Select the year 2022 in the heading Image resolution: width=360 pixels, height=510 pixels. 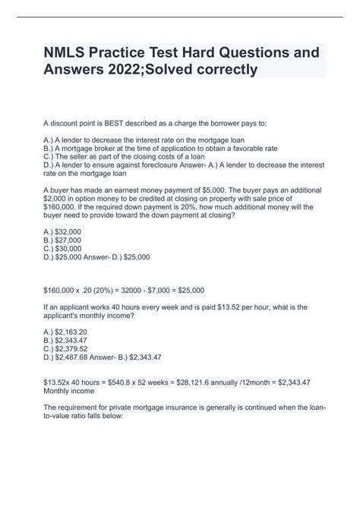[114, 71]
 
